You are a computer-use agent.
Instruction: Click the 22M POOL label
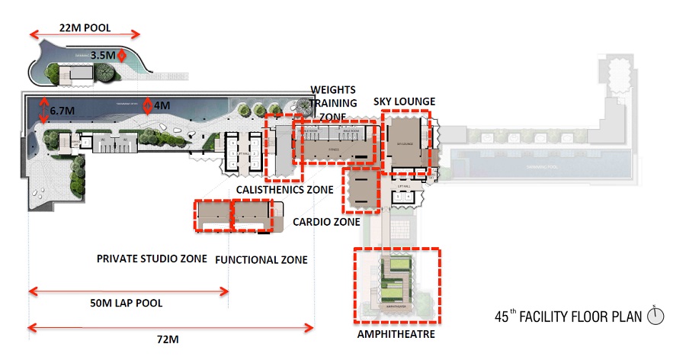click(x=86, y=28)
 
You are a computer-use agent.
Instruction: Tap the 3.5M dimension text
click(x=103, y=56)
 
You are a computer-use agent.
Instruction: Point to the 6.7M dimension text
click(x=62, y=111)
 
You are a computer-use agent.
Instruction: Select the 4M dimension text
click(x=163, y=105)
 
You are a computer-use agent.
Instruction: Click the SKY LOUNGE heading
click(x=404, y=102)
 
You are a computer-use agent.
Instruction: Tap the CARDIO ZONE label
click(x=326, y=222)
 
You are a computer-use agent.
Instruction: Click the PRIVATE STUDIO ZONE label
click(x=152, y=259)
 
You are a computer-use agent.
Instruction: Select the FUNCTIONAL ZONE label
click(x=261, y=259)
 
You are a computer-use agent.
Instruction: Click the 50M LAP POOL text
click(x=127, y=303)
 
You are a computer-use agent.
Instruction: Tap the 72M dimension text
click(x=164, y=338)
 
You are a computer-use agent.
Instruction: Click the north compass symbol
click(x=656, y=314)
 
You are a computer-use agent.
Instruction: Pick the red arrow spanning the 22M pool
click(x=85, y=34)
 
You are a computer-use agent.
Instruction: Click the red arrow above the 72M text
click(x=171, y=328)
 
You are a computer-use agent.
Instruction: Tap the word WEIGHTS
click(x=332, y=89)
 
